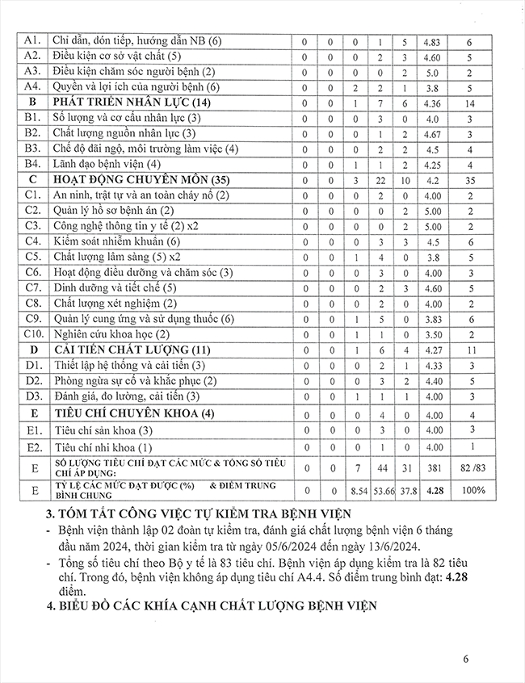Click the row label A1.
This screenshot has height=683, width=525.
(x=33, y=40)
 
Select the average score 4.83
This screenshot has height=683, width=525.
(x=431, y=40)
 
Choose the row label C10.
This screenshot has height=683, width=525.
(x=33, y=334)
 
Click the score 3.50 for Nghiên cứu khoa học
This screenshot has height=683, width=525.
(x=431, y=334)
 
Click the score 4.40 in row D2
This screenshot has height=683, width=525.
(x=431, y=380)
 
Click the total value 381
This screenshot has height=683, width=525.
(x=431, y=468)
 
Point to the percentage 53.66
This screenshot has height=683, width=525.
(x=380, y=490)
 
